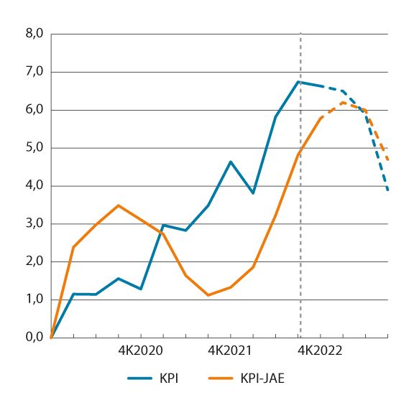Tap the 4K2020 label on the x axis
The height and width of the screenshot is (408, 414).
coord(140,351)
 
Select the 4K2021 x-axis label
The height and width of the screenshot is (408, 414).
coord(230,351)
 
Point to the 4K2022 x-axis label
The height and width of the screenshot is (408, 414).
coord(320,351)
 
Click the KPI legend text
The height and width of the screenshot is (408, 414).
coord(170,377)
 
